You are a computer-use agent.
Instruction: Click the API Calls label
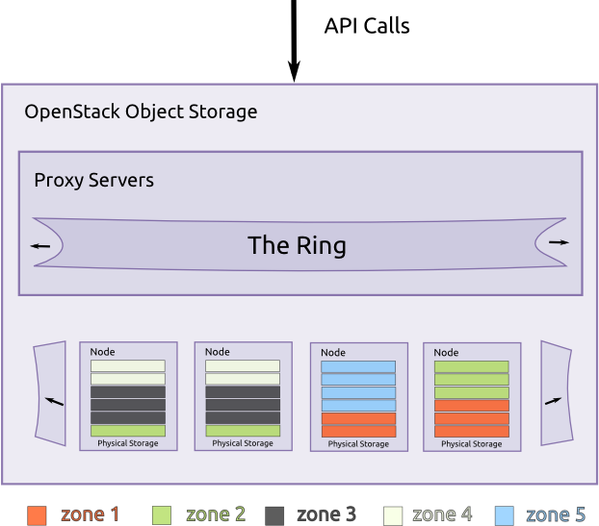point(367,26)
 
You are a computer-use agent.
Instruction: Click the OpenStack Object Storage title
point(141,112)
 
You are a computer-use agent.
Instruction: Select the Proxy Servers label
point(93,180)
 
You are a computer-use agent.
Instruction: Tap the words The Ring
point(297,245)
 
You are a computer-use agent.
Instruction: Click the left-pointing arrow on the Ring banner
point(39,246)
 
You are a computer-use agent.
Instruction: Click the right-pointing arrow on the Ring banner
point(559,242)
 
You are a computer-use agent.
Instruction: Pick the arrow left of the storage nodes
point(55,399)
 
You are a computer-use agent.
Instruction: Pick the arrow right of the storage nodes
point(553,399)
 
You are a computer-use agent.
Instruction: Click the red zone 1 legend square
point(38,514)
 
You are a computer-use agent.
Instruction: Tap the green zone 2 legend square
point(161,514)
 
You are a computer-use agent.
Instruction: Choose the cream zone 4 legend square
point(393,514)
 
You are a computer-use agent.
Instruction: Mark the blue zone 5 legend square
point(504,514)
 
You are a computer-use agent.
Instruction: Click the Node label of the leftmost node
point(102,353)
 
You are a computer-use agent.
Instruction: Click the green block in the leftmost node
point(128,431)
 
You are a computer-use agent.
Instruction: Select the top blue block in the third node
point(358,367)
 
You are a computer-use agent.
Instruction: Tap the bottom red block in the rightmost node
point(472,432)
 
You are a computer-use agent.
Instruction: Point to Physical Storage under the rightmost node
point(473,444)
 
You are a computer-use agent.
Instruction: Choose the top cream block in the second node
point(243,366)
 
